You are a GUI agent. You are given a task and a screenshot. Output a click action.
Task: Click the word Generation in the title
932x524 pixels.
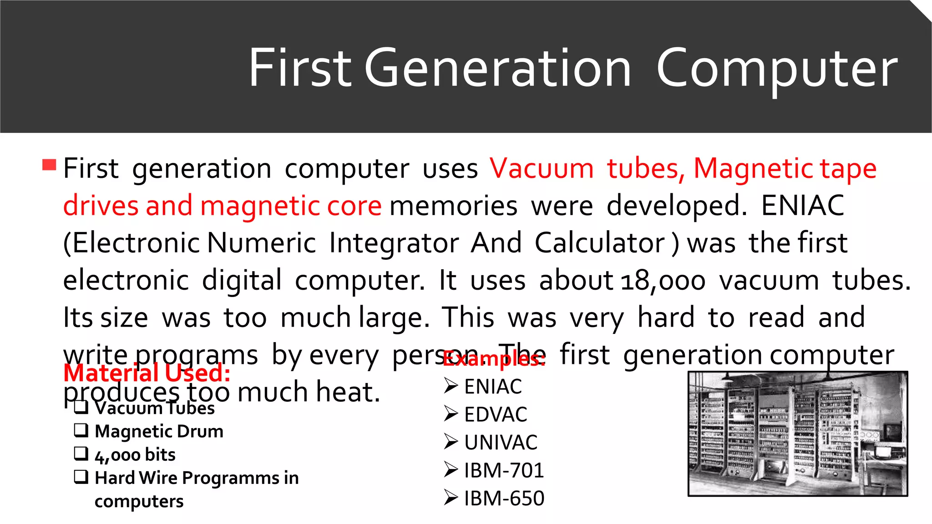(497, 68)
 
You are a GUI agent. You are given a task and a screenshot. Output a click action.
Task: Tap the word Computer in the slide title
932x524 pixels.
(777, 69)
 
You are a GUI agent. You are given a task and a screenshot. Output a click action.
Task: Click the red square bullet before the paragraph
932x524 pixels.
(49, 164)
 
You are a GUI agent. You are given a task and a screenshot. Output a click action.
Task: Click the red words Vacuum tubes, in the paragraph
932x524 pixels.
(587, 169)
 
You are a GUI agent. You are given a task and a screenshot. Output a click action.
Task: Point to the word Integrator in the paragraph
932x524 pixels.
(394, 243)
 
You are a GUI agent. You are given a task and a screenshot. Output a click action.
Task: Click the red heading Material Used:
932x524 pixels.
(147, 373)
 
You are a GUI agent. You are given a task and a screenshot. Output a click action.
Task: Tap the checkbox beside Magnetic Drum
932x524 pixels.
(81, 430)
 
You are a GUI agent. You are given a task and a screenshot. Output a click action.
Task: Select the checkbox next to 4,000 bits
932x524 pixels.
(81, 453)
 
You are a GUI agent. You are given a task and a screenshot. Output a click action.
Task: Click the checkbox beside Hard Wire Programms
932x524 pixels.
(81, 476)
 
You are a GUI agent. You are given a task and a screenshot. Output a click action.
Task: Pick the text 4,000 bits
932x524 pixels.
(135, 454)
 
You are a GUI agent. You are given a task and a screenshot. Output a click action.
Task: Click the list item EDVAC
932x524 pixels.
(496, 414)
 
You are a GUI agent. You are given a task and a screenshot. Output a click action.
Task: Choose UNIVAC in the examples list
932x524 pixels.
(501, 442)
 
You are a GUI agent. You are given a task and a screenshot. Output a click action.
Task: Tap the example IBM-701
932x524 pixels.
(504, 470)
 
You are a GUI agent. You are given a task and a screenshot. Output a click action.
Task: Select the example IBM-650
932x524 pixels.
(504, 498)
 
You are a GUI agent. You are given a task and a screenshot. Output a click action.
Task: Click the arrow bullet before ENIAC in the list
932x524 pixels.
(451, 386)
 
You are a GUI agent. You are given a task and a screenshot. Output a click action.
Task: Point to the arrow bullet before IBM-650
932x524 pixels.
(451, 497)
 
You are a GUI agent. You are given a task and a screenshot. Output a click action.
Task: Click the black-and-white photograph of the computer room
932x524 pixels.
(797, 433)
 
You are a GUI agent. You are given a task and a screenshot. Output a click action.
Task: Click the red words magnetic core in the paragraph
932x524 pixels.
(291, 206)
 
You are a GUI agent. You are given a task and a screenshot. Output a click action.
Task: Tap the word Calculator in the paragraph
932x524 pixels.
(600, 243)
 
